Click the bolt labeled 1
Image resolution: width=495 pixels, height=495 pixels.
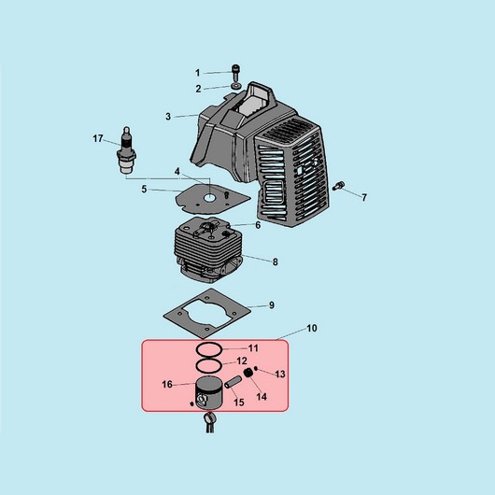coord(235,72)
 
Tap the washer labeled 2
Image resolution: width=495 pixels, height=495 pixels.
coord(235,86)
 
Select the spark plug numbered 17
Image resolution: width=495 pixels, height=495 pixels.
coord(128,150)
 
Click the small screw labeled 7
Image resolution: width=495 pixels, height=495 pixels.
coord(338,186)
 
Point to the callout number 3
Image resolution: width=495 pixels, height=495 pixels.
coord(168,117)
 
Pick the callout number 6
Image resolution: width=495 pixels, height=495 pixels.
coord(258,225)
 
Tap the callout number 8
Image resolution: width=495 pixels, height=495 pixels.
coord(276,262)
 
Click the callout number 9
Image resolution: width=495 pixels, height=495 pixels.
coord(272,305)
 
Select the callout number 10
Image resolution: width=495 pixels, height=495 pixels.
coord(312,329)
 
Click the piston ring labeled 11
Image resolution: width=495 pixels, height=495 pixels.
coord(209,349)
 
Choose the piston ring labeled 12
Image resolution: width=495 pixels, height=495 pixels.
coord(209,365)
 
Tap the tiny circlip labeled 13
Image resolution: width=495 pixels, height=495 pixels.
coord(256,368)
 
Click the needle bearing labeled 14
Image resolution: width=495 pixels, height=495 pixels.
coord(248,374)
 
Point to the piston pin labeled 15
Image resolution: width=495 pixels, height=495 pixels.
coord(233,381)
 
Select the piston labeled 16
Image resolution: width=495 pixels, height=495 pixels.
coord(208,393)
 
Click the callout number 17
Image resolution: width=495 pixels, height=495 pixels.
coord(98,138)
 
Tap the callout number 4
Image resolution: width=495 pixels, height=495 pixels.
coord(177,172)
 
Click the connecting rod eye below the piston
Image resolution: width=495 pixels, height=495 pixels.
coord(209,417)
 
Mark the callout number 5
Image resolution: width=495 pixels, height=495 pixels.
coord(144,189)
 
